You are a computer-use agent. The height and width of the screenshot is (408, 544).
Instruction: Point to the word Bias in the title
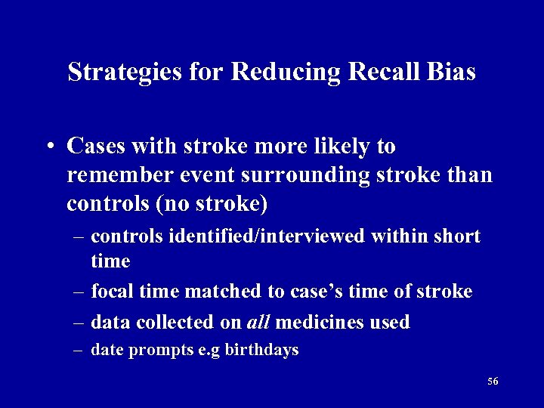[x=450, y=72]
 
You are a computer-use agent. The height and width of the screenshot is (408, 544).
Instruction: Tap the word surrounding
[x=308, y=175]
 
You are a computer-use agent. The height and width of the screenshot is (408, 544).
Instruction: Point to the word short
[x=456, y=236]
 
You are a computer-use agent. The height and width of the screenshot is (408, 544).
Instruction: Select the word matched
[x=215, y=291]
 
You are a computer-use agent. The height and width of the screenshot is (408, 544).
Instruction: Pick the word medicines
[x=323, y=322]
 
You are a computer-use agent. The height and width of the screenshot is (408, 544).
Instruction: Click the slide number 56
[x=493, y=382]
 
